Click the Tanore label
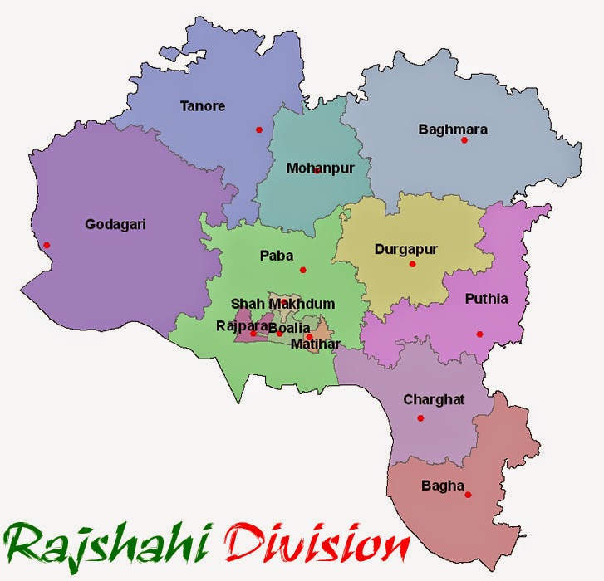point(203,106)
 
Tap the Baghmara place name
point(453,129)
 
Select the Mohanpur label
point(320,168)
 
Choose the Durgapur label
point(405,248)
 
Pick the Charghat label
point(434,399)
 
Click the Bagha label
point(444,486)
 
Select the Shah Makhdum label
point(283,304)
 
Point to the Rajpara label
point(241,325)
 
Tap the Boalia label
point(289,328)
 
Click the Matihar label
point(315,343)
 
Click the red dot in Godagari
point(47,245)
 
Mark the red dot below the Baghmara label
point(464,140)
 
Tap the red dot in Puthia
point(479,334)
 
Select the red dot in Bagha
point(469,496)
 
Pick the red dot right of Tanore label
point(259,129)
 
